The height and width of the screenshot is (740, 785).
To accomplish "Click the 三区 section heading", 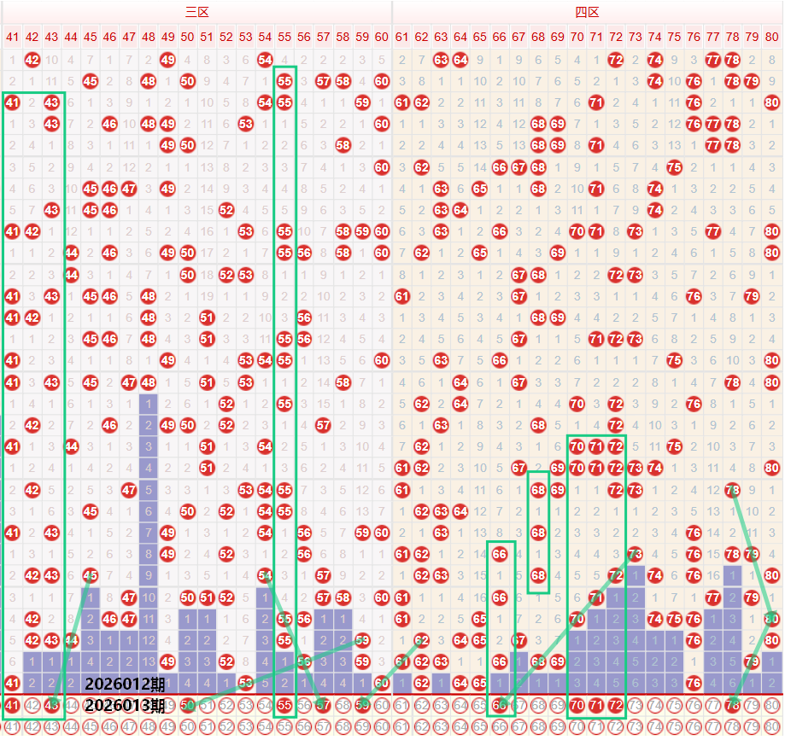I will [x=197, y=12].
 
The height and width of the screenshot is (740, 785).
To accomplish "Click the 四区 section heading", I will [x=587, y=12].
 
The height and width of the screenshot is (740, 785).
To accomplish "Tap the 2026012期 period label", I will [x=126, y=684].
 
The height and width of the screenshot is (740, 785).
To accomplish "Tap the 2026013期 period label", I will [x=126, y=705].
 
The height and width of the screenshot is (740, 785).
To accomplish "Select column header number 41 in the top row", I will [x=12, y=37].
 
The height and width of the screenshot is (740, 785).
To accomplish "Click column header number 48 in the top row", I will [x=149, y=37].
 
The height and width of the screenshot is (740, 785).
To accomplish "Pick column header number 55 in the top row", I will [x=285, y=37].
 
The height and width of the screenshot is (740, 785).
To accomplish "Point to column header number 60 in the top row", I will [x=382, y=37].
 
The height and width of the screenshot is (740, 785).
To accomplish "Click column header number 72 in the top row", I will [x=616, y=37].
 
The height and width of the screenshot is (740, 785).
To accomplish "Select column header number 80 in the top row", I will [x=772, y=37].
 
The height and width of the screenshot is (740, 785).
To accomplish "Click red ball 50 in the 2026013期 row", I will [x=188, y=705].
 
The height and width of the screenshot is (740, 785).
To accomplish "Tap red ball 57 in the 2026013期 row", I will [x=323, y=705].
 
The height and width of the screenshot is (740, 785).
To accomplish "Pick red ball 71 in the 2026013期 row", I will [x=596, y=705].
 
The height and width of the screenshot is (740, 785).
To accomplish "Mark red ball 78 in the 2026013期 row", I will [x=733, y=705].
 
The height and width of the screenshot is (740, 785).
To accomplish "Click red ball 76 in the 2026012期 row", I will [x=694, y=683].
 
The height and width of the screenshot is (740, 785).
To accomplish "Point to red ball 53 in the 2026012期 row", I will [x=246, y=683].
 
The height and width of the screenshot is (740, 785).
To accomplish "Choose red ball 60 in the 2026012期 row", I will [x=382, y=683].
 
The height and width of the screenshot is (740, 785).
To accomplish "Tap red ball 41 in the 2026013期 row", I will [x=12, y=705].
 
